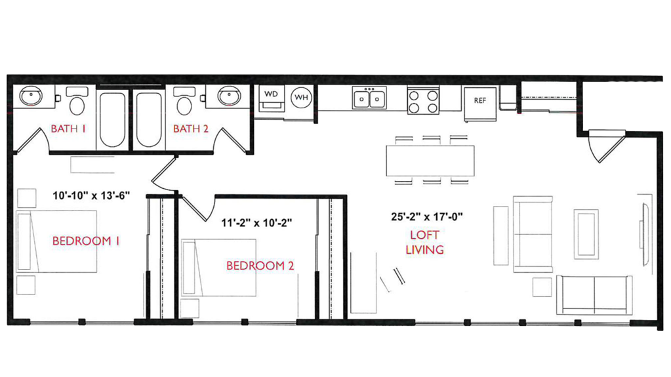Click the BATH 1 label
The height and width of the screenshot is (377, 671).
[x=69, y=129]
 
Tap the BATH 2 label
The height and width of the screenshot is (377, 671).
[x=191, y=129]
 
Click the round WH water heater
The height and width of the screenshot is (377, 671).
[x=301, y=97]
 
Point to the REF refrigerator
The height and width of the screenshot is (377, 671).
[x=480, y=101]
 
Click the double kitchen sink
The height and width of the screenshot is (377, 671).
[x=370, y=98]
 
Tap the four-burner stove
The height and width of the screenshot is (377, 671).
[x=423, y=100]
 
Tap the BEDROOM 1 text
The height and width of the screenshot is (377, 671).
[x=86, y=241]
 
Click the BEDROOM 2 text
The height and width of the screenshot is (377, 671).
[x=260, y=266]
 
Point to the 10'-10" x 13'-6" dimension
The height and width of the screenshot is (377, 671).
[x=92, y=195]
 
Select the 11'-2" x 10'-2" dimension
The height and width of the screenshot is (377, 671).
[x=256, y=222]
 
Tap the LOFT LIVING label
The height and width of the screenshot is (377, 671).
[x=424, y=242]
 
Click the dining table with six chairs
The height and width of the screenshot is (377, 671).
[x=430, y=160]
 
